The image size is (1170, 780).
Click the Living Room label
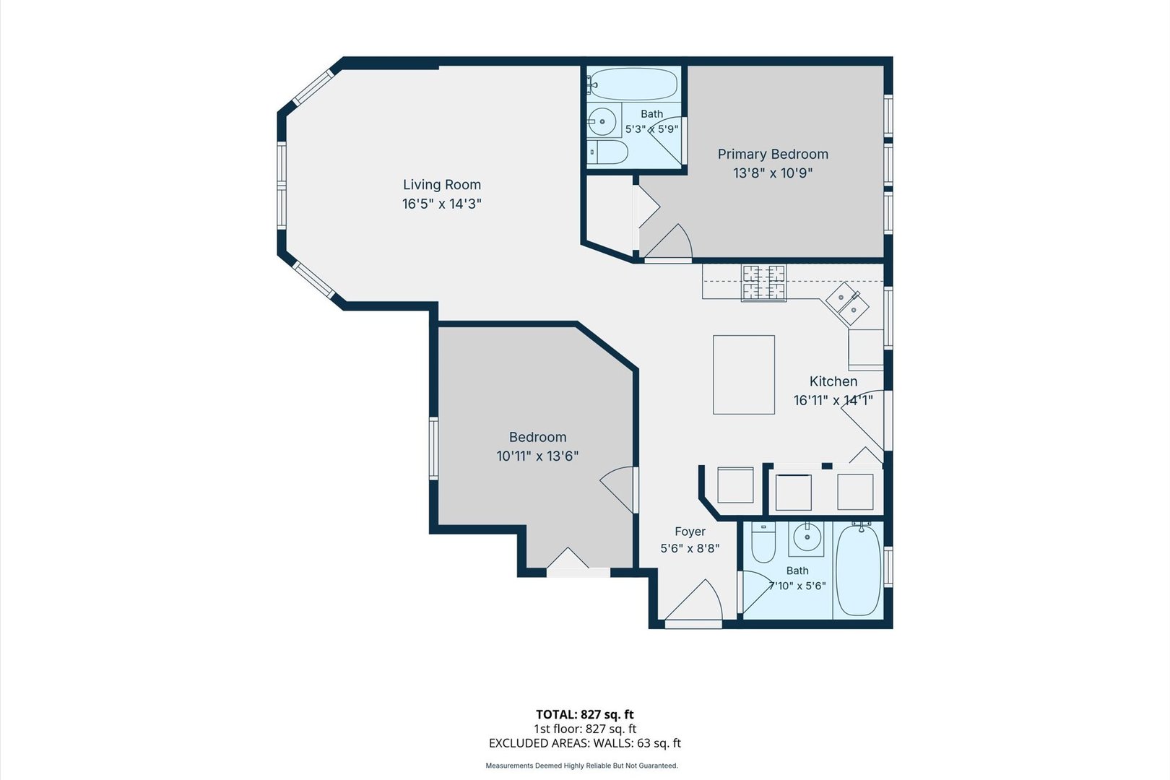(441, 184)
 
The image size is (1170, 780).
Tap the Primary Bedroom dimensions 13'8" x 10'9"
(773, 173)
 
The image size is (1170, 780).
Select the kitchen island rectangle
(743, 375)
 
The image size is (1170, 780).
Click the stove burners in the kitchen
(763, 282)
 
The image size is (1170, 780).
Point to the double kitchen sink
(846, 304)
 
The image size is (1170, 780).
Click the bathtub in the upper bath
(633, 84)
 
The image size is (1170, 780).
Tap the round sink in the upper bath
(602, 122)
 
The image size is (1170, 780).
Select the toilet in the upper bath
(607, 152)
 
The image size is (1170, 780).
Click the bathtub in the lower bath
(858, 570)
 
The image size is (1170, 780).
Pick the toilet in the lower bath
(763, 543)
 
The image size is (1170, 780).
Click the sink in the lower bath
(807, 537)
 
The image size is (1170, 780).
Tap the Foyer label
(690, 532)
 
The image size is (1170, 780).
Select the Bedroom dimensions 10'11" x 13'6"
(537, 456)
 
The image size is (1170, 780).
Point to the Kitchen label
(833, 381)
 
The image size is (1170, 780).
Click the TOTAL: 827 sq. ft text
(584, 714)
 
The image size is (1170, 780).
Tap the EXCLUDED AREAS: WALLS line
(584, 743)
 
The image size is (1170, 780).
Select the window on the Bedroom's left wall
(433, 448)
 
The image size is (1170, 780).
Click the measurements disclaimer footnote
(581, 766)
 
